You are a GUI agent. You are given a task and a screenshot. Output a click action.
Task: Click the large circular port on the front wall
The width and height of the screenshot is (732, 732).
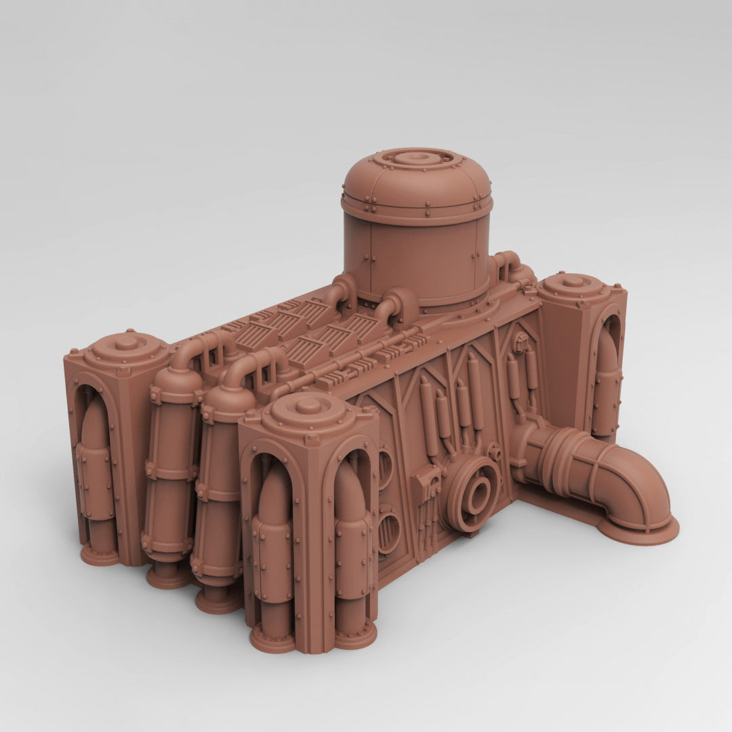[476, 494]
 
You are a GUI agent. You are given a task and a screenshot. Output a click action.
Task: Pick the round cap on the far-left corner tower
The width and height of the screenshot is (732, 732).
[127, 344]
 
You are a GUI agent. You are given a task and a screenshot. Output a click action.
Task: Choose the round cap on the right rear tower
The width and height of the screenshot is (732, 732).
[573, 281]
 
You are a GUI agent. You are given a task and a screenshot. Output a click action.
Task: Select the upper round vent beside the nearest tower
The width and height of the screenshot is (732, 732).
[384, 468]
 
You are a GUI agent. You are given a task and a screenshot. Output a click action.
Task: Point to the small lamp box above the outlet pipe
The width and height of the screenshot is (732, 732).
[521, 342]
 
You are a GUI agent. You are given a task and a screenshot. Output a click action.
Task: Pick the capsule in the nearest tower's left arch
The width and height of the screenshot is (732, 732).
[274, 542]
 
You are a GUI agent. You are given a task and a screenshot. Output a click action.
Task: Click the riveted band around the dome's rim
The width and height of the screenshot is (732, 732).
[417, 203]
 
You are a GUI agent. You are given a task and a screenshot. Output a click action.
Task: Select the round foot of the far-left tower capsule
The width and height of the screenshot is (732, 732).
[100, 555]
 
